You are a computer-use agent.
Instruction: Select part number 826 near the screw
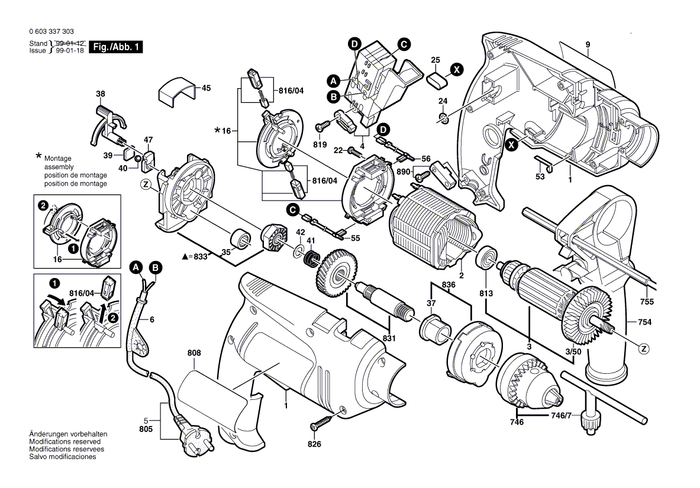pos(314,444)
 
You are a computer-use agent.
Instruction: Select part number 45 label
pos(206,88)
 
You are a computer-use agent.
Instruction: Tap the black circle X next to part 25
pos(456,69)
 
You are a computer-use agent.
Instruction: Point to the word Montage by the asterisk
pos(57,159)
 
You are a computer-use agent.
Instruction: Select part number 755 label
pos(647,302)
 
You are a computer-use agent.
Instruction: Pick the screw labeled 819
pos(323,127)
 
